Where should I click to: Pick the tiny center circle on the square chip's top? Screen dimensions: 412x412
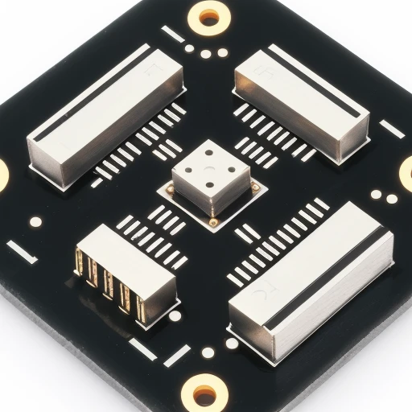click(208, 170)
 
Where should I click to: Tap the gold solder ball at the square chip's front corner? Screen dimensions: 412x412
click(213, 221)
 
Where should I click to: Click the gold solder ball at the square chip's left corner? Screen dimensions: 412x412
click(170, 189)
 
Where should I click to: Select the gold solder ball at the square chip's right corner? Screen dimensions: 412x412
click(256, 187)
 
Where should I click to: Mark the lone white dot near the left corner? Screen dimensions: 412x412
click(35, 220)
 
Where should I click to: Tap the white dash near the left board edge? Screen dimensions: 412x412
click(23, 252)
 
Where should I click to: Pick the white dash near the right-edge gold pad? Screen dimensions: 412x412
click(390, 129)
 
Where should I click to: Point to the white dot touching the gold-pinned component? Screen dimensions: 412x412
click(175, 315)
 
